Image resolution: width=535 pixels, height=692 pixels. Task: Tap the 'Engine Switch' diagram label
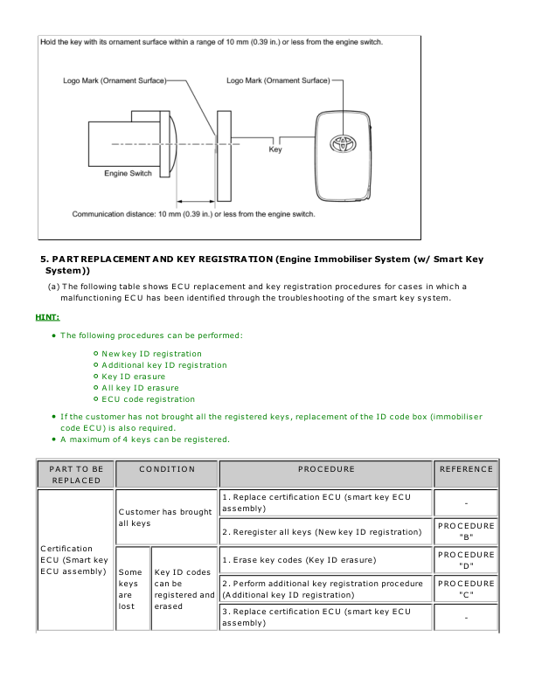128,174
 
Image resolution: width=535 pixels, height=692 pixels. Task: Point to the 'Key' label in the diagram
275,149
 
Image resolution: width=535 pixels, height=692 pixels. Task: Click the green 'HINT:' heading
47,317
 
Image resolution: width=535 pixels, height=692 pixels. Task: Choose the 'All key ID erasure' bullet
140,388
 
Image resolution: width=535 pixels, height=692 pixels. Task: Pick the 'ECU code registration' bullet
148,399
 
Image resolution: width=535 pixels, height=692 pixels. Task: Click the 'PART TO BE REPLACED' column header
77,475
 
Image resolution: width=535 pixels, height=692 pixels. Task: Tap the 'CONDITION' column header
167,469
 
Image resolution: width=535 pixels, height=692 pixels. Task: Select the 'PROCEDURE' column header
326,469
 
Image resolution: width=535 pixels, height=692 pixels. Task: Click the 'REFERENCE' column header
466,469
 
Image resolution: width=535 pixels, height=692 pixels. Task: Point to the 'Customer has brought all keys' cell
166,517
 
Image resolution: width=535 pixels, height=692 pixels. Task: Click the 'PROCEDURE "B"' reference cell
466,531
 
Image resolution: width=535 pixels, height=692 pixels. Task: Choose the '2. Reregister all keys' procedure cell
325,531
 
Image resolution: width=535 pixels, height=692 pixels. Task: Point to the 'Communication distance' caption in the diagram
194,213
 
